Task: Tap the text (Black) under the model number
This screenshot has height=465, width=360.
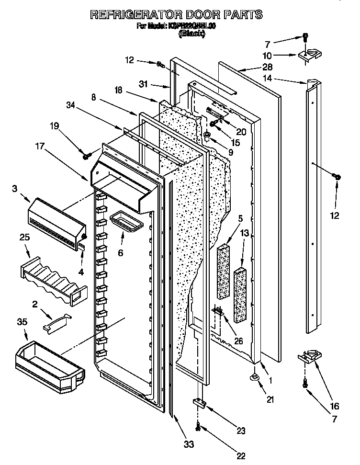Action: click(x=191, y=34)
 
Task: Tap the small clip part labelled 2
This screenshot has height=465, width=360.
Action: click(x=56, y=322)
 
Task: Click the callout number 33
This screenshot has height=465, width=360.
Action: click(x=189, y=444)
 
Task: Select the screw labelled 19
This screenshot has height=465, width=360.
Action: click(x=87, y=156)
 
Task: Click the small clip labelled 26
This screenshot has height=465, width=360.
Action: click(x=219, y=312)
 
